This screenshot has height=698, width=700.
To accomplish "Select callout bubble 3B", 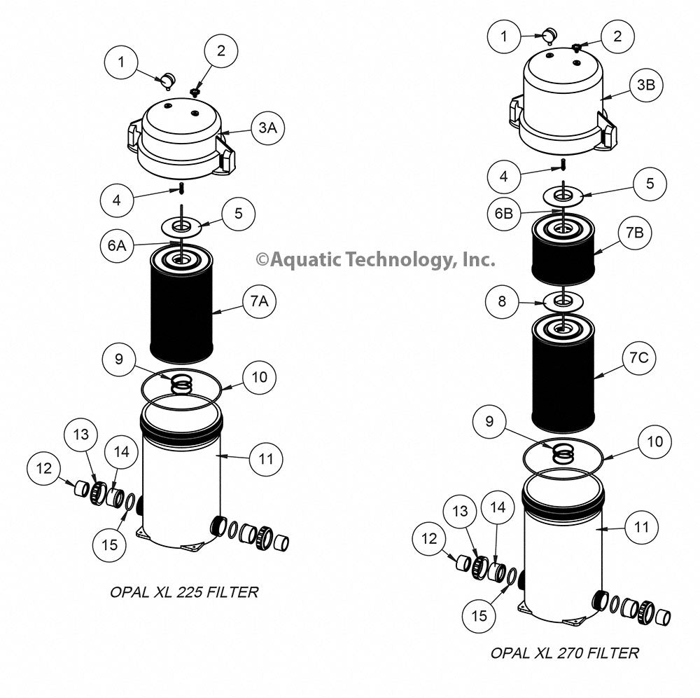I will point(645,85).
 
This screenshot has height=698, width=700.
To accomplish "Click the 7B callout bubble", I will point(634,233).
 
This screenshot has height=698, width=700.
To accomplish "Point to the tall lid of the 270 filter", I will point(563,98).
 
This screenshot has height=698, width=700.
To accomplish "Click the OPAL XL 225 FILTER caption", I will point(184,592).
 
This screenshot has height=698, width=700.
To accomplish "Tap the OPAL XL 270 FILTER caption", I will point(564,653).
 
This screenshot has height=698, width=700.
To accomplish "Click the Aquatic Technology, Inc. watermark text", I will point(375,260).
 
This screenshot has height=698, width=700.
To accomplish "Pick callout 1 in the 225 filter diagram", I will point(121,62).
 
